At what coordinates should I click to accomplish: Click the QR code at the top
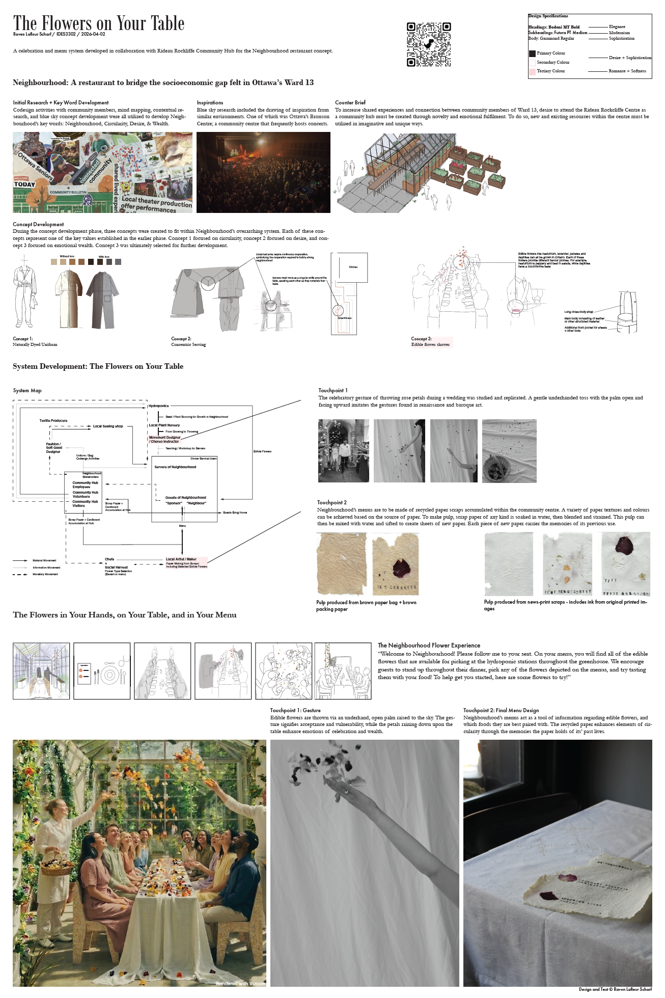click(x=429, y=44)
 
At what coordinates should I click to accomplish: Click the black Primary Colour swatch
click(x=532, y=53)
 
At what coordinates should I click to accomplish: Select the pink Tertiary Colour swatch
click(x=532, y=72)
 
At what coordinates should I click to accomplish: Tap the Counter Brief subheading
click(x=350, y=102)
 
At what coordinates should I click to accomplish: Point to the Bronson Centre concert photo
click(x=263, y=172)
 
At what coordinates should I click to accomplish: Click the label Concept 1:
click(x=23, y=339)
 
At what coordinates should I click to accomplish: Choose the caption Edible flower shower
click(x=431, y=345)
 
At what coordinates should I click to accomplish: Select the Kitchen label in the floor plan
click(x=353, y=267)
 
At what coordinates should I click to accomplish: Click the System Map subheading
click(x=27, y=391)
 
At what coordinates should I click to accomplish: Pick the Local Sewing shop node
click(x=107, y=426)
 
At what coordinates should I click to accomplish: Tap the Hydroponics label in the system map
click(x=158, y=406)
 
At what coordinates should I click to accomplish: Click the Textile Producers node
click(x=53, y=421)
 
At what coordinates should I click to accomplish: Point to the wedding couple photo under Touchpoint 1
click(x=344, y=451)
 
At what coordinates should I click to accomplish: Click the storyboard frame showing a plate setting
click(x=102, y=671)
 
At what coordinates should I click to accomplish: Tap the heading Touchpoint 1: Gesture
click(x=295, y=710)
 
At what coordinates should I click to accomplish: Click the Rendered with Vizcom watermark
click(x=240, y=984)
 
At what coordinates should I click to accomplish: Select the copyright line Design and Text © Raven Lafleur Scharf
click(x=615, y=989)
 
